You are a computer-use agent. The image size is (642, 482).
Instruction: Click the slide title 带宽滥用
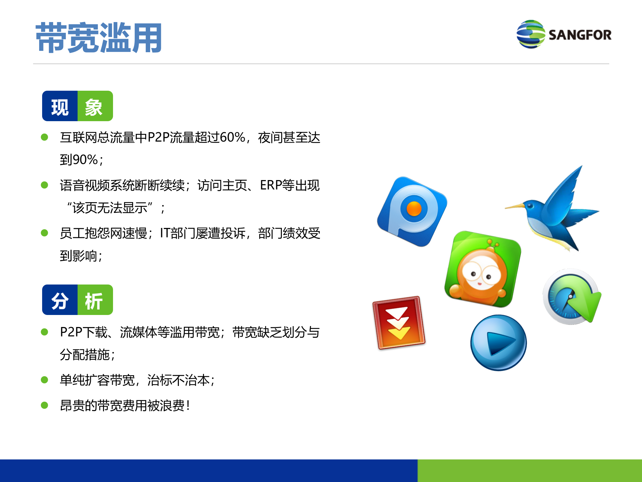[99, 37]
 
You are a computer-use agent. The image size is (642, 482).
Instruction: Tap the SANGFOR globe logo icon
[530, 34]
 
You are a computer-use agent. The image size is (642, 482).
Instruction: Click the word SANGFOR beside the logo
[580, 35]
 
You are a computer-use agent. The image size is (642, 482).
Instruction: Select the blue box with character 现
[60, 106]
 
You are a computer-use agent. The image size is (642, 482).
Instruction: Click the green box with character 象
[95, 106]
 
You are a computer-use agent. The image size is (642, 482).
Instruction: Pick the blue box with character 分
[60, 300]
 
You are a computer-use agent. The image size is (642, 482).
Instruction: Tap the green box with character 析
[95, 300]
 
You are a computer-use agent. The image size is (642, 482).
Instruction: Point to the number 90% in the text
[85, 160]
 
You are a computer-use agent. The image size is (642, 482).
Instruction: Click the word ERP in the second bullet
[270, 185]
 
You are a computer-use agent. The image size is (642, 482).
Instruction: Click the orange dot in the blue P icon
[414, 209]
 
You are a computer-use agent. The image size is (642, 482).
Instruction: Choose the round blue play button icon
[498, 342]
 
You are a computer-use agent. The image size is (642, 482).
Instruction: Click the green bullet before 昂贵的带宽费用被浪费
[44, 405]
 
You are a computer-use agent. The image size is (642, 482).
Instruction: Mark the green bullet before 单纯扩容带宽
[44, 380]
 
